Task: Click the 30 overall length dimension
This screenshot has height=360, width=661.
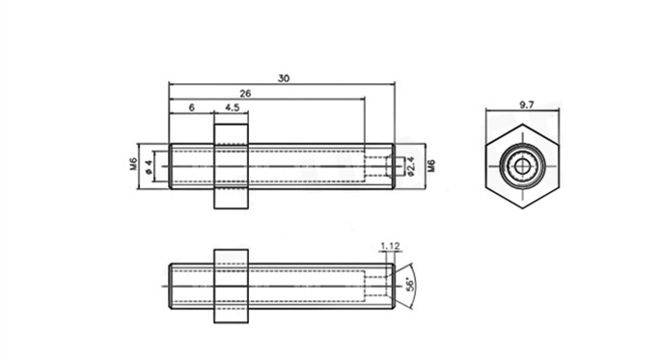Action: tap(284, 78)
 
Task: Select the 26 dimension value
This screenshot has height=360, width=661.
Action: tap(245, 94)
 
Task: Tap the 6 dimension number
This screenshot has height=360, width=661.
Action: tap(191, 108)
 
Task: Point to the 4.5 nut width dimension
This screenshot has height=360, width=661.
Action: tap(232, 107)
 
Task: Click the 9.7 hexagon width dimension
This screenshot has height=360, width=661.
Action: tap(526, 104)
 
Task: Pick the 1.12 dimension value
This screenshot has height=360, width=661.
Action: tap(391, 246)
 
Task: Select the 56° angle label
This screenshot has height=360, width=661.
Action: tap(409, 284)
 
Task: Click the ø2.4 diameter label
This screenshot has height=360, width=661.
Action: tap(410, 166)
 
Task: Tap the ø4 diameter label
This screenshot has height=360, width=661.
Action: tap(148, 167)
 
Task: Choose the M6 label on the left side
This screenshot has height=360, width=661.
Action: tap(133, 164)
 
